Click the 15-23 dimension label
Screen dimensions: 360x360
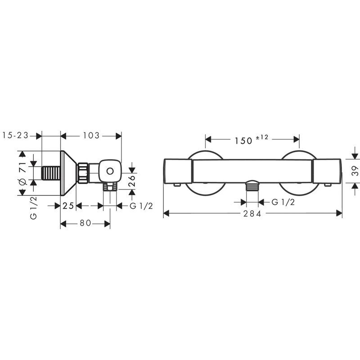click(15, 135)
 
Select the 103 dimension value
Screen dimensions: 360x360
click(91, 135)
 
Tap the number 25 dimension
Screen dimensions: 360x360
click(68, 206)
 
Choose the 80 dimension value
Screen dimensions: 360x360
click(85, 224)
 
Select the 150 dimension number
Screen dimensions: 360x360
click(243, 140)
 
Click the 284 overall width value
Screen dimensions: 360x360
click(252, 214)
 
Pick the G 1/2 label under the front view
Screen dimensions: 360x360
click(283, 202)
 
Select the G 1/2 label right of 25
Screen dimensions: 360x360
click(141, 206)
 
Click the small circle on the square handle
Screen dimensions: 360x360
click(109, 171)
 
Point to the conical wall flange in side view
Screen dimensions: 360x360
click(68, 173)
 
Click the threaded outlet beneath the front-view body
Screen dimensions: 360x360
click(252, 186)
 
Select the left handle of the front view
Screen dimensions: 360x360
click(178, 171)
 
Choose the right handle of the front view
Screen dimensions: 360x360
click(327, 171)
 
